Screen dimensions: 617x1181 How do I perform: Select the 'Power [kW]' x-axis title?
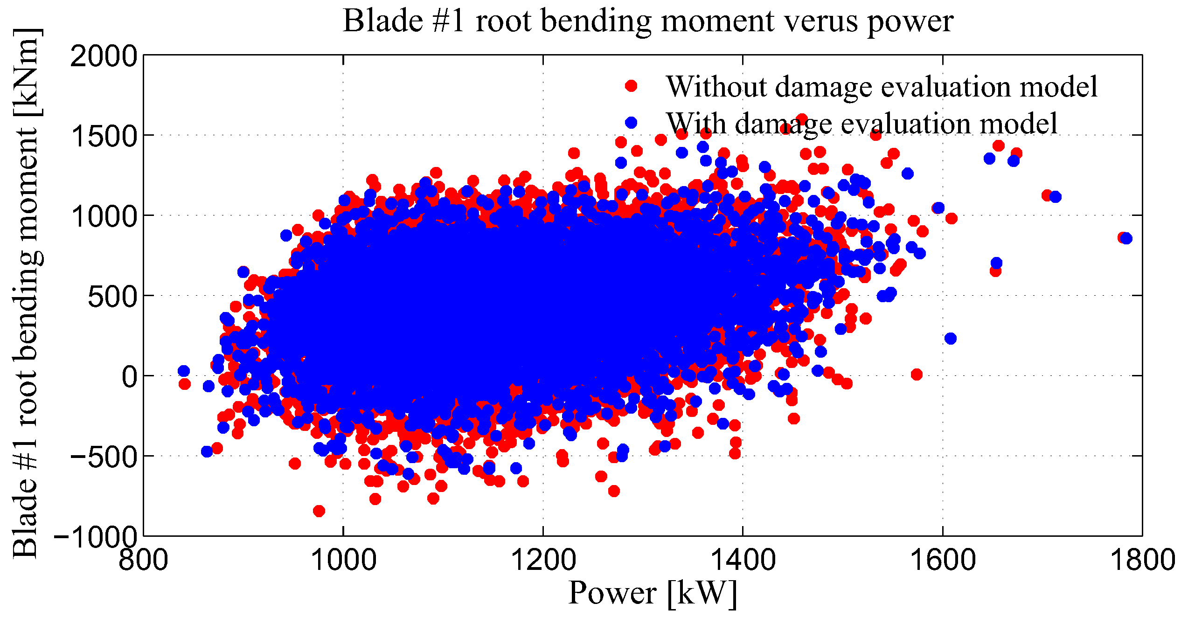coord(653,594)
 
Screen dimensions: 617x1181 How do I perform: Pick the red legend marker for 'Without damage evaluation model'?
coord(631,85)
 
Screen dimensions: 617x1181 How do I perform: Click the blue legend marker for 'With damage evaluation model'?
coord(631,122)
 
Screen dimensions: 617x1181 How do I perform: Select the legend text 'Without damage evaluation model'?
coord(882,87)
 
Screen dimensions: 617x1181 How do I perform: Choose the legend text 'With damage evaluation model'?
coord(861,124)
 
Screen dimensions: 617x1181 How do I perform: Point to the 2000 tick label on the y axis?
coord(104,56)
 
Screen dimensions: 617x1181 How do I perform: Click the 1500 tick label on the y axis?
coord(104,136)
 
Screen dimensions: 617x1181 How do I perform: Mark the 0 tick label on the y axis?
coord(129,376)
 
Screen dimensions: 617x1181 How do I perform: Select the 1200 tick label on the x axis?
coord(543,559)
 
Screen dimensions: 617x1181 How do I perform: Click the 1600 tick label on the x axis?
coord(943,559)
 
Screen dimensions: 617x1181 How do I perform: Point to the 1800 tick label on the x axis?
coord(1142,559)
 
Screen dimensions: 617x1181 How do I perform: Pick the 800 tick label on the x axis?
coord(143,559)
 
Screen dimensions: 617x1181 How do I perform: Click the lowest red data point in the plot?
coord(319,511)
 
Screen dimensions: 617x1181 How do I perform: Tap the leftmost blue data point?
coord(184,371)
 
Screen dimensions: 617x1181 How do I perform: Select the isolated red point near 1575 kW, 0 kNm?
coord(917,374)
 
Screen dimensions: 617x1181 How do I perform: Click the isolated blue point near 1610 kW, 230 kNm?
coord(951,338)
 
